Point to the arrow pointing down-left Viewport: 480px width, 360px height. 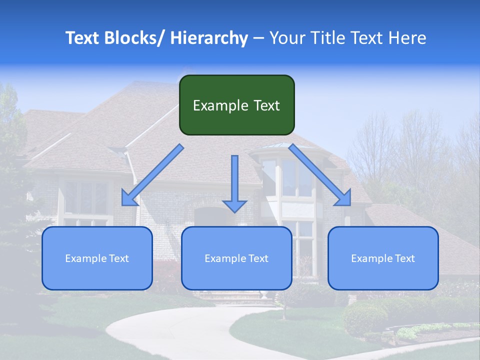[152, 175]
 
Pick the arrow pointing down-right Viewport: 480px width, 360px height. [320, 175]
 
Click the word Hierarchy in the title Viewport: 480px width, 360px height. [209, 38]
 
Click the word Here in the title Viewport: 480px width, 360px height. [407, 38]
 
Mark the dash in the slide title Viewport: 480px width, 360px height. [258, 38]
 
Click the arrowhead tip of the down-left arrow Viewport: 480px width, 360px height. [123, 204]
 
